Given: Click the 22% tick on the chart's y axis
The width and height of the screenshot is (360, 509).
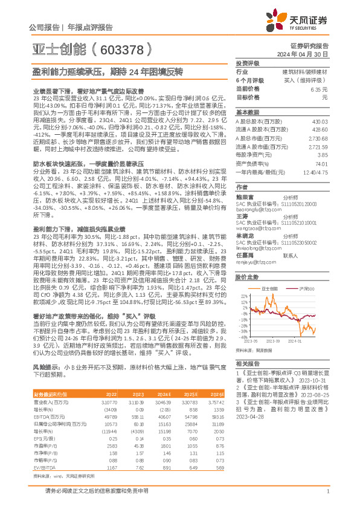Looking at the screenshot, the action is click(x=244, y=297).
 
